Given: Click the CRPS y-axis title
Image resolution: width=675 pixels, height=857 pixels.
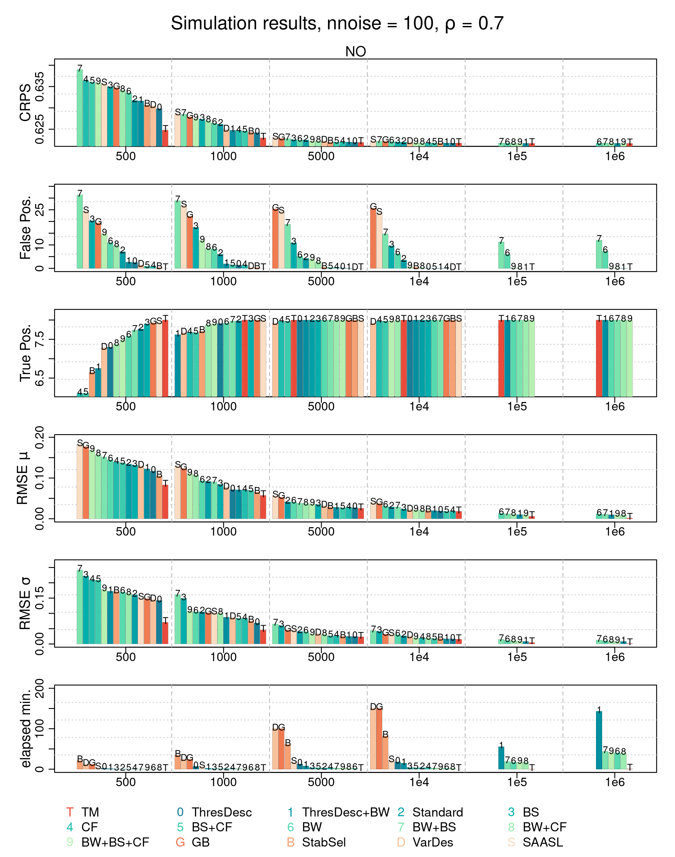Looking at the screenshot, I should tap(25, 103).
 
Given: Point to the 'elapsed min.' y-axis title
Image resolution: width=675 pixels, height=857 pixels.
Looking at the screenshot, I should tap(25, 729).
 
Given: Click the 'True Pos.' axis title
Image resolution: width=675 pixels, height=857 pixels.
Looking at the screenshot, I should tap(25, 353).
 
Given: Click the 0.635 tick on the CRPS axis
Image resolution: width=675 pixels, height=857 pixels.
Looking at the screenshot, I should tap(39, 86).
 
